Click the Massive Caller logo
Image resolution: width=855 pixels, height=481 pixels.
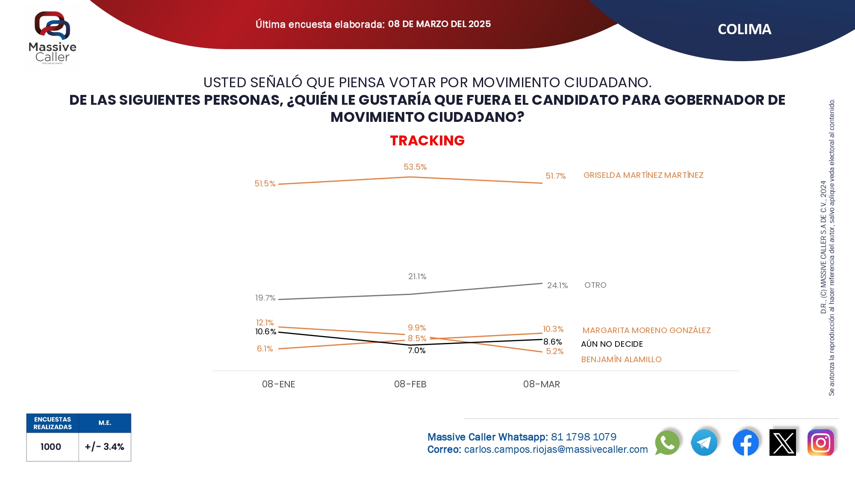click(52, 38)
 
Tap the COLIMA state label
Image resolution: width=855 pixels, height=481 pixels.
click(744, 29)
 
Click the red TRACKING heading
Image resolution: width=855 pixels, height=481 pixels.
click(427, 140)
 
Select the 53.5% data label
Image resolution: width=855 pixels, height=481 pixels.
click(415, 167)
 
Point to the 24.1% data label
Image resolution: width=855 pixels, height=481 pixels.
click(557, 285)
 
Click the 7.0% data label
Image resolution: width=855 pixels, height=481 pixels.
click(416, 351)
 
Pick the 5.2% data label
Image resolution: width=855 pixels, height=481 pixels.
click(554, 351)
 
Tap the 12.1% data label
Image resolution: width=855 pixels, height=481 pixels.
click(265, 322)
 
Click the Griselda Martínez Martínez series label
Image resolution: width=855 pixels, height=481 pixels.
click(643, 175)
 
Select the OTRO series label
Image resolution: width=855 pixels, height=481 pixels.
click(595, 285)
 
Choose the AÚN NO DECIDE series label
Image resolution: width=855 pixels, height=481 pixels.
click(612, 344)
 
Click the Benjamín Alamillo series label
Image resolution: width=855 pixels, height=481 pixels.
click(621, 360)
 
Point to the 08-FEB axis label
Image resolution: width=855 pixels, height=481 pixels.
click(410, 384)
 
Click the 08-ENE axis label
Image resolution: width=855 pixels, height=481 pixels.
click(278, 384)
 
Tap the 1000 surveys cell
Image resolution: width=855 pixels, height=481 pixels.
click(51, 447)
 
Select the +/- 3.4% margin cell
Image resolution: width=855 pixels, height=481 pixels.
click(105, 447)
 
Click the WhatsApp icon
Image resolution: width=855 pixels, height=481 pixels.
click(667, 443)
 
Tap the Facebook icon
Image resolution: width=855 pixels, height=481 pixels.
click(746, 443)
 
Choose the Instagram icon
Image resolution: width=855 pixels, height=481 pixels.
click(820, 443)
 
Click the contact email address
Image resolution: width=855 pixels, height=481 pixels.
click(556, 449)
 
